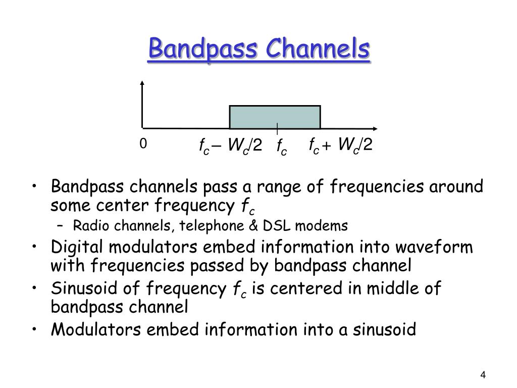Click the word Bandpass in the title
click(203, 49)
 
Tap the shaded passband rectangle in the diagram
click(275, 117)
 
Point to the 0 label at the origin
click(143, 143)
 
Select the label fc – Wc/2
click(231, 145)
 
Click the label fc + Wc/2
click(341, 145)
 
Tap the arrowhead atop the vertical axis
click(142, 83)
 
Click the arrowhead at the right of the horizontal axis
click(375, 128)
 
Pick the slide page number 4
click(483, 375)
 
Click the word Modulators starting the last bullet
click(96, 329)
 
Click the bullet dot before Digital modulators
click(34, 246)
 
